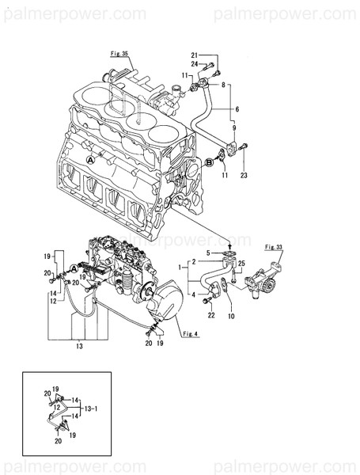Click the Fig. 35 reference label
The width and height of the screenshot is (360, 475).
(x=119, y=52)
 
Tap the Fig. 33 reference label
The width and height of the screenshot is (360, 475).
(x=275, y=247)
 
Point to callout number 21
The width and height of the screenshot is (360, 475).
(x=195, y=55)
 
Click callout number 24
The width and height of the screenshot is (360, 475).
(x=195, y=64)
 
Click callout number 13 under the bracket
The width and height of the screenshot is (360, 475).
(x=79, y=346)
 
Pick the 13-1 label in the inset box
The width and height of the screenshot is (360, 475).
(x=91, y=408)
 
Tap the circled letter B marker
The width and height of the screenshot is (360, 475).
(x=209, y=162)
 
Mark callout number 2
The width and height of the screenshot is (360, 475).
(x=191, y=261)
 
